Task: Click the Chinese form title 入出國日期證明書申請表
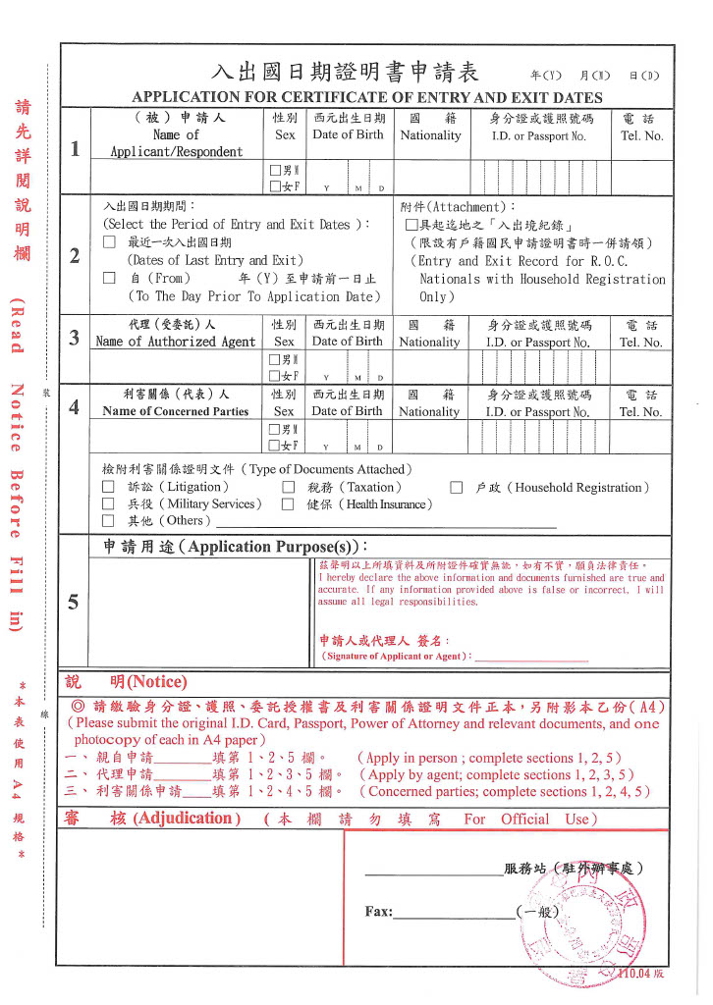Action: [x=344, y=73]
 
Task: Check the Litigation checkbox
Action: [x=108, y=487]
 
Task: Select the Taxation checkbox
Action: [x=289, y=487]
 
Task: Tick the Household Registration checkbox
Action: [x=457, y=487]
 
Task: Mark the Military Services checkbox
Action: [x=108, y=503]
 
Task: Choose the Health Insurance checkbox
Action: [x=289, y=503]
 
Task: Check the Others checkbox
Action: [x=108, y=520]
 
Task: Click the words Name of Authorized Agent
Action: [x=176, y=342]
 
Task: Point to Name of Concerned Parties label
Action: [x=176, y=411]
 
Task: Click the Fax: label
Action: [x=379, y=912]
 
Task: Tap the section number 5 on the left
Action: [x=75, y=602]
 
